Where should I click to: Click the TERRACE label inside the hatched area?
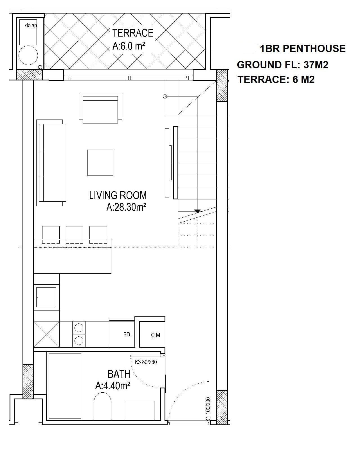(133, 33)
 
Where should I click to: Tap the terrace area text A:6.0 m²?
(129, 46)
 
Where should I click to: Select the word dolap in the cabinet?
(31, 26)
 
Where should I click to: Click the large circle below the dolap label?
(28, 55)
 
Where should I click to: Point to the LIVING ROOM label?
(118, 195)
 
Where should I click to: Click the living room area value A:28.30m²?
(126, 207)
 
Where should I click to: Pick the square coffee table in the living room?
(100, 163)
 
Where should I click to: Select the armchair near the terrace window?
(100, 109)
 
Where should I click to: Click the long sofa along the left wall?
(51, 163)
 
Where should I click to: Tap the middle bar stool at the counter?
(75, 235)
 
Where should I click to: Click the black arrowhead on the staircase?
(197, 211)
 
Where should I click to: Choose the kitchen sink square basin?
(46, 297)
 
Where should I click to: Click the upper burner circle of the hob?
(79, 328)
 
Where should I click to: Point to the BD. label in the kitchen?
(127, 335)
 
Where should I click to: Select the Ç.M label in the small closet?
(156, 335)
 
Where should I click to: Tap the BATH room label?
(119, 374)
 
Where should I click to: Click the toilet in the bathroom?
(102, 406)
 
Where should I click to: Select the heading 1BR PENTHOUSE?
(302, 49)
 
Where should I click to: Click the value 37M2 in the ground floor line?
(316, 65)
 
